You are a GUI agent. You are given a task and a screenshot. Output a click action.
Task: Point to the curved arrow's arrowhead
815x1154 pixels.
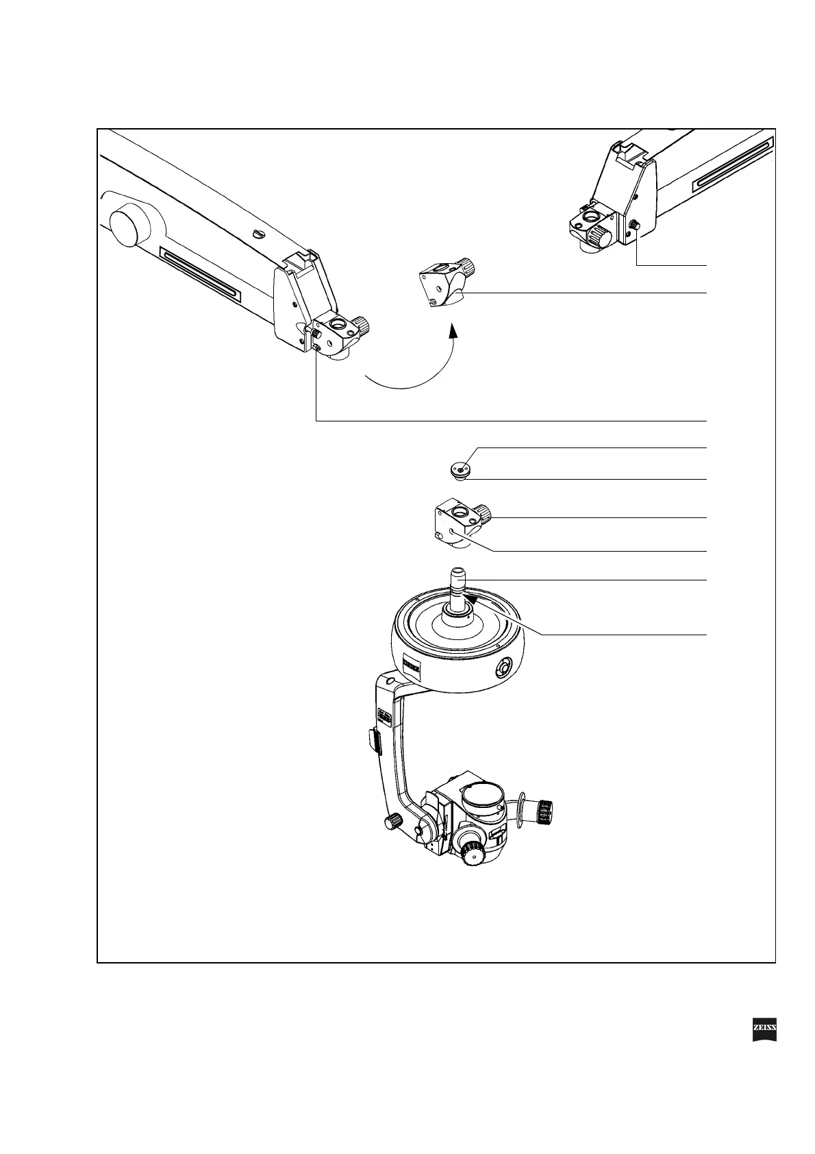452,332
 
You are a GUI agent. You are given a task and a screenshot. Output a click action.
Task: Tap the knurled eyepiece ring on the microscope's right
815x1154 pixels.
545,812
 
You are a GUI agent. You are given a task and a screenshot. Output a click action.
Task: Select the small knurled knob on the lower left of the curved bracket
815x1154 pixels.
392,821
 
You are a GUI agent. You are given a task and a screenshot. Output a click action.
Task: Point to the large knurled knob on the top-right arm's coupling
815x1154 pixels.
601,237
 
